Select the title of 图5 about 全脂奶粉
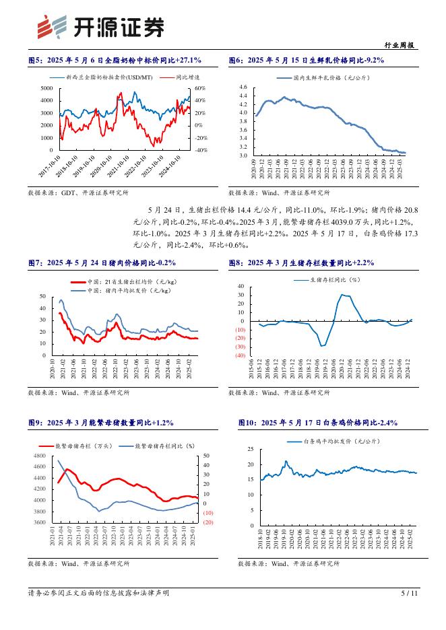[x=115, y=61]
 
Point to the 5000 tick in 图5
[x=48, y=88]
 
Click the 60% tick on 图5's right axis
[x=199, y=88]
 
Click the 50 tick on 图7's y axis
[x=43, y=296]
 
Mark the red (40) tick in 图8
[x=241, y=355]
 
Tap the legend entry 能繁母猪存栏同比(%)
[x=164, y=446]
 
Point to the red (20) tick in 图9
[x=208, y=522]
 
